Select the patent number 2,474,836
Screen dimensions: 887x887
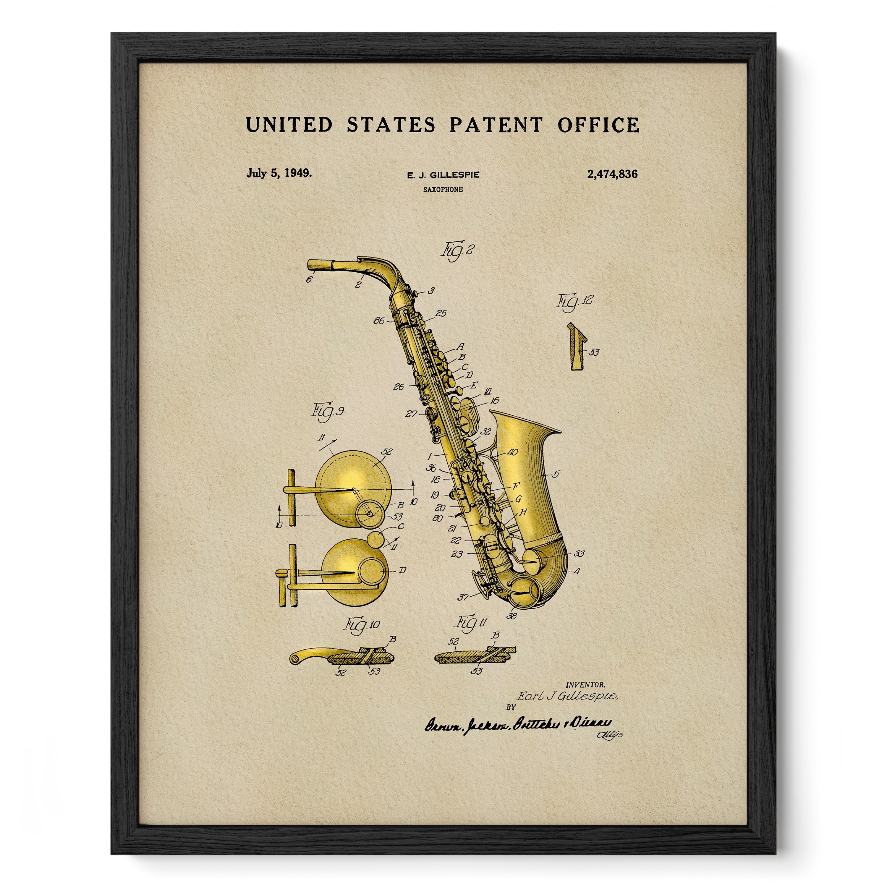click(612, 174)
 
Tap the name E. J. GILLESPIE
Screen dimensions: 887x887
click(443, 175)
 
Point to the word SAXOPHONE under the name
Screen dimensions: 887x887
click(443, 189)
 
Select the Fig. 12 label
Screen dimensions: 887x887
click(575, 302)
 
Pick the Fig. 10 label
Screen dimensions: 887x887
click(362, 625)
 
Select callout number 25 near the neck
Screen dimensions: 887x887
click(441, 314)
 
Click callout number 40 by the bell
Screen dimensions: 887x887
click(512, 452)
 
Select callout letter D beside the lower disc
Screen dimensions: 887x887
click(402, 571)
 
